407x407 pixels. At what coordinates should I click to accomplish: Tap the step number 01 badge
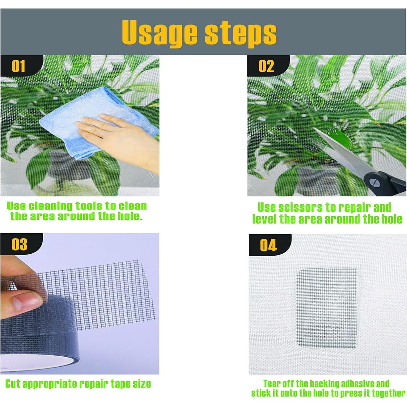(x=18, y=66)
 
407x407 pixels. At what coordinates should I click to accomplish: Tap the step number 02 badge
(x=266, y=66)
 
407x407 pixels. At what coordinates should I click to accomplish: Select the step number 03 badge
(x=19, y=244)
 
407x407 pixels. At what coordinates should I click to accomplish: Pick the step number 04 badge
(x=268, y=245)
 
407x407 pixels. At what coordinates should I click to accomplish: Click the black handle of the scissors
(x=387, y=184)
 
